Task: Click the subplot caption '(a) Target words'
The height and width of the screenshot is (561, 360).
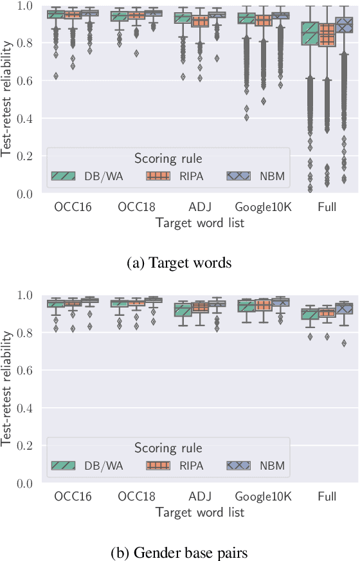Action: (180, 262)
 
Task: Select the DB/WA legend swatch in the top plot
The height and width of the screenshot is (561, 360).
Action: (63, 176)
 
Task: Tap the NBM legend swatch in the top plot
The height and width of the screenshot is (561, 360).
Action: (239, 176)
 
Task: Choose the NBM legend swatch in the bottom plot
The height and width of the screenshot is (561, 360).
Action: (239, 465)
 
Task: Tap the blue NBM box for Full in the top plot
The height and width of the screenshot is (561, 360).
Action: (345, 25)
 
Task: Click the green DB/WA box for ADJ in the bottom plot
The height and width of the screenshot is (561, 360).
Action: (183, 310)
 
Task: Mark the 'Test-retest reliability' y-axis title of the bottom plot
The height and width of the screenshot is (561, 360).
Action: (8, 389)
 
